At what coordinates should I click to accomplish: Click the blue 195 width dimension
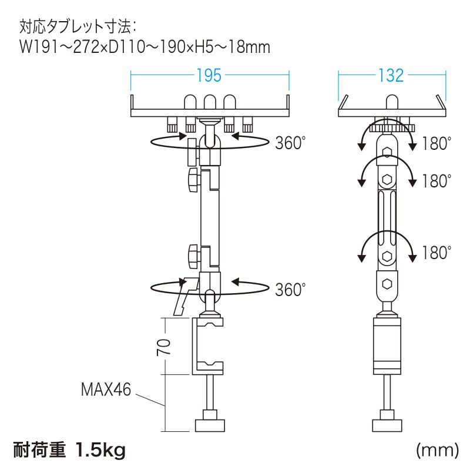[209, 75]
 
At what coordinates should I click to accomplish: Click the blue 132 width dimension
[391, 75]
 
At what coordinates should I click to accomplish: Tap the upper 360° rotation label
[290, 143]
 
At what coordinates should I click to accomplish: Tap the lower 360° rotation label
[290, 289]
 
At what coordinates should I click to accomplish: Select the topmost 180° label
[436, 143]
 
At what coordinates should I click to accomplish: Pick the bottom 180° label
[436, 253]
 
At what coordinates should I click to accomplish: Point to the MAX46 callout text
[106, 390]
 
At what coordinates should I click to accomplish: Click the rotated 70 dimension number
[164, 347]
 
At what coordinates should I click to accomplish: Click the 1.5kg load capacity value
[100, 450]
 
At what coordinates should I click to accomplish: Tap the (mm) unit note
[437, 449]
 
